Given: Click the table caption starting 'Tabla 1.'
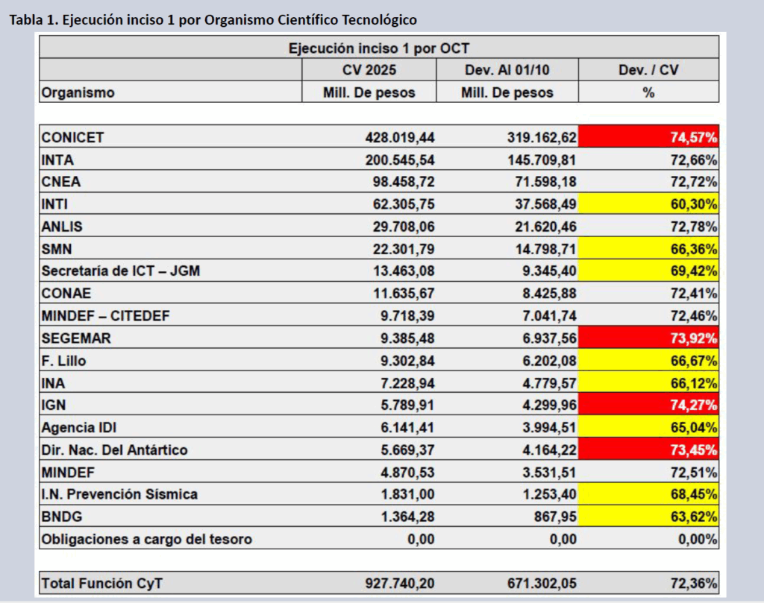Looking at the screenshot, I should (x=213, y=19).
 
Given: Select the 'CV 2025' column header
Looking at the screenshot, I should (x=369, y=70).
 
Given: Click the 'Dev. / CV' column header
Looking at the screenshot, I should (x=648, y=70).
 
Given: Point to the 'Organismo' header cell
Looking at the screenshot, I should (x=78, y=92).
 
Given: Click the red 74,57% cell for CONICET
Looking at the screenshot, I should (x=648, y=137).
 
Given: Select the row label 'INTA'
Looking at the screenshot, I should (x=58, y=160).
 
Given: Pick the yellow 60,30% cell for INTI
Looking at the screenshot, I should (x=648, y=204).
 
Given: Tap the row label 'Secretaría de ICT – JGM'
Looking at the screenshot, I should (x=121, y=271).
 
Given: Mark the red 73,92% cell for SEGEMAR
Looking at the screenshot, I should (x=648, y=338).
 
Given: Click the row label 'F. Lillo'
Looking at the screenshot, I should (x=63, y=361).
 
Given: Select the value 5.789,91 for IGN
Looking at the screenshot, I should (x=407, y=405).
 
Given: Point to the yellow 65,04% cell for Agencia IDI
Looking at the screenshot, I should (x=648, y=428).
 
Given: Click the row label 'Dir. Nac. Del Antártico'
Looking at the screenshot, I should (x=115, y=450).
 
